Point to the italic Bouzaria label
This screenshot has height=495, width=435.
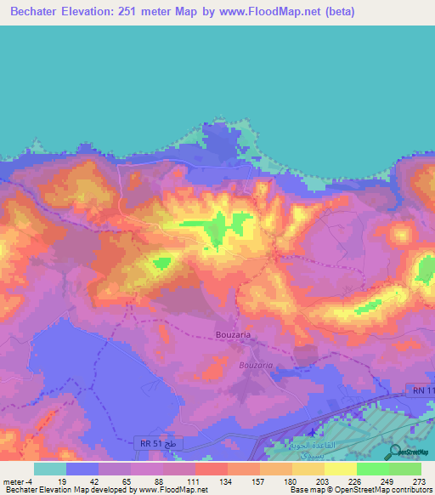pyautogui.click(x=256, y=365)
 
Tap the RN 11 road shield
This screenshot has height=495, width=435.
pyautogui.click(x=417, y=390)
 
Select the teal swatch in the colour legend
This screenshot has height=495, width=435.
pyautogui.click(x=49, y=468)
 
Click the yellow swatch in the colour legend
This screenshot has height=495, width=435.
pyautogui.click(x=340, y=468)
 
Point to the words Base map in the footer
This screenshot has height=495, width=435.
pyautogui.click(x=302, y=490)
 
